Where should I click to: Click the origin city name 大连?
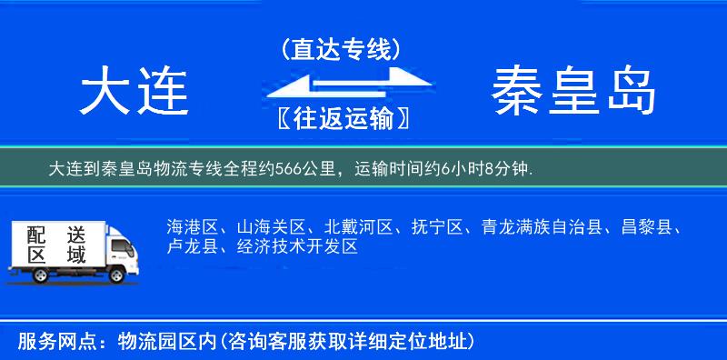coord(134,93)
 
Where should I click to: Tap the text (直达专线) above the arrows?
coord(341,49)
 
